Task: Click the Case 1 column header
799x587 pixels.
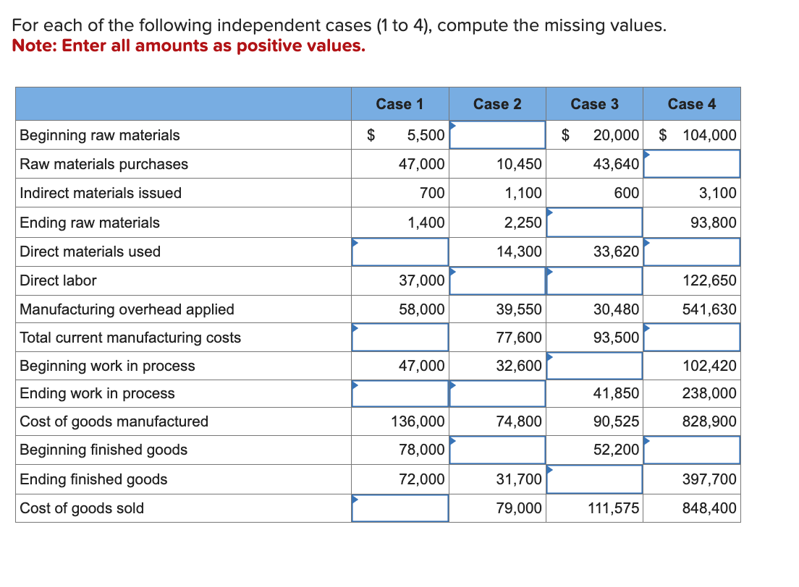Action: tap(399, 104)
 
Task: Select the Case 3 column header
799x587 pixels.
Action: tap(594, 104)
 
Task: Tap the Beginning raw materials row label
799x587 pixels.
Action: tap(100, 135)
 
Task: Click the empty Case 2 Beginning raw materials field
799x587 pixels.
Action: tap(497, 135)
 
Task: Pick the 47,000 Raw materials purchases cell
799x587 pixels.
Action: tap(422, 164)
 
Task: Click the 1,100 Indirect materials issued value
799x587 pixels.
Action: tap(525, 193)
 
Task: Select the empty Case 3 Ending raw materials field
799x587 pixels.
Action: tap(594, 223)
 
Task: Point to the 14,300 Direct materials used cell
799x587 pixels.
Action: tap(519, 252)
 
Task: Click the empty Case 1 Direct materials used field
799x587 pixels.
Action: tap(399, 252)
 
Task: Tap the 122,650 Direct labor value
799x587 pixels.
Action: tap(710, 280)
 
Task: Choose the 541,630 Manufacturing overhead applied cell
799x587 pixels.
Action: tap(710, 309)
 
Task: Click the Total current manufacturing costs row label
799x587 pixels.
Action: tap(130, 338)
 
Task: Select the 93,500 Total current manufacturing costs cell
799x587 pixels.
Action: tap(616, 338)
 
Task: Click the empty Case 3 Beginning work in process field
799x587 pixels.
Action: tap(594, 366)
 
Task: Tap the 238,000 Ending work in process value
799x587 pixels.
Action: tap(710, 393)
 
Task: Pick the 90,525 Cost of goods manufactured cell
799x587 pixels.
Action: tap(616, 421)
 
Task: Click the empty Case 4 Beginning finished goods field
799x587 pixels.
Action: tap(692, 450)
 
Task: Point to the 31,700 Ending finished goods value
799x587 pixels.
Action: tap(519, 479)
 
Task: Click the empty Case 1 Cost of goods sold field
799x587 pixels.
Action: tap(399, 508)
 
